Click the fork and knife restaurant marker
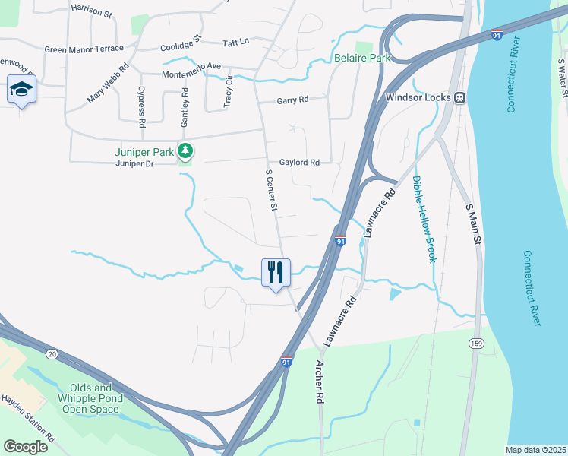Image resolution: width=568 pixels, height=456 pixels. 276,272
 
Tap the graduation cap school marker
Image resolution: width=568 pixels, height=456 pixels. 21,90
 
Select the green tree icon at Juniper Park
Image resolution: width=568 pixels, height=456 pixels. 185,150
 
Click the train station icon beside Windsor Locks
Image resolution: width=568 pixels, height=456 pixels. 459,97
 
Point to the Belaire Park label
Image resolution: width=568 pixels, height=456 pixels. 361,58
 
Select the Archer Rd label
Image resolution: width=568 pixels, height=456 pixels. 320,388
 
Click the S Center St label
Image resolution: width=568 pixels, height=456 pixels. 271,190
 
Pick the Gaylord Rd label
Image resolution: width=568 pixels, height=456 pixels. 299,162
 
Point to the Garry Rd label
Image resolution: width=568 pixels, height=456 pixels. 292,100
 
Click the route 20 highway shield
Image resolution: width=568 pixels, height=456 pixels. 52,353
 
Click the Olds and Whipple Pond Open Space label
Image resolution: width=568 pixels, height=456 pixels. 90,398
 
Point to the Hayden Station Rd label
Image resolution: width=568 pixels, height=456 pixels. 28,419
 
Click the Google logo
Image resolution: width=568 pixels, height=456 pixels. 25,446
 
